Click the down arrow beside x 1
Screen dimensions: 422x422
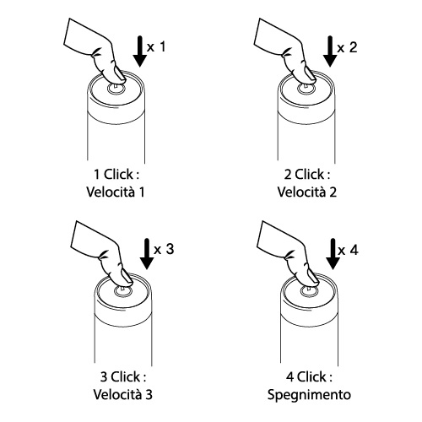140,51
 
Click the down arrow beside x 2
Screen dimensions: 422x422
330,51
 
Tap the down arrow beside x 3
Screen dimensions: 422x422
147,254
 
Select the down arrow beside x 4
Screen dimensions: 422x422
333,254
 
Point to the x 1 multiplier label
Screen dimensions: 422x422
156,46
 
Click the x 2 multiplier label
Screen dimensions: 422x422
347,47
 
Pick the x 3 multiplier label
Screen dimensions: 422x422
164,249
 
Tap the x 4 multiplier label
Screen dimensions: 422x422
349,250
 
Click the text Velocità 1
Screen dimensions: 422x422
116,192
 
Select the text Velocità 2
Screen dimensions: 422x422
307,192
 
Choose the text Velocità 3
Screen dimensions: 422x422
123,394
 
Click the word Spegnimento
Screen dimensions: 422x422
309,395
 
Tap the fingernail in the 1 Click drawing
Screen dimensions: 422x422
120,73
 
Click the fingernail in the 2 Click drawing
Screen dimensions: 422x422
310,73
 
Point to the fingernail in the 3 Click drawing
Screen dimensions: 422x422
127,276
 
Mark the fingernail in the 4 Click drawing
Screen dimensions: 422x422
313,276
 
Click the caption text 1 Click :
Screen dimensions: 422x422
116,175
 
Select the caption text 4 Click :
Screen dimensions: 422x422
309,376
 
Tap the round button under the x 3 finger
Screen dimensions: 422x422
123,291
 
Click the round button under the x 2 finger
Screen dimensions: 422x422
306,89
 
